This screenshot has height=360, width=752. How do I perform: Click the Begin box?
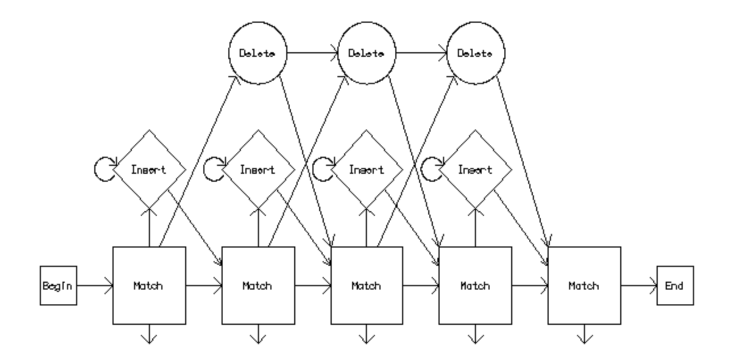tap(58, 286)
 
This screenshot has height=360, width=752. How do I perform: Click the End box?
tap(675, 286)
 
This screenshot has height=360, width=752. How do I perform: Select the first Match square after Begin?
tap(149, 286)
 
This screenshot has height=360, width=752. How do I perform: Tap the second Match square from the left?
tap(258, 286)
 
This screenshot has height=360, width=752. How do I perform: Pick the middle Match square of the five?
tap(366, 286)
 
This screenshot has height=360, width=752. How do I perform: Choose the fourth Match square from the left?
tap(475, 286)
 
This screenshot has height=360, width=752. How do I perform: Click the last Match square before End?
tap(584, 286)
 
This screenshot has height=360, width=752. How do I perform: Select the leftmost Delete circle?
tap(257, 53)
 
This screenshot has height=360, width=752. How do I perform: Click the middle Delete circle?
tap(366, 53)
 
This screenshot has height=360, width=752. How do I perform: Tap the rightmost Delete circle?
tap(475, 53)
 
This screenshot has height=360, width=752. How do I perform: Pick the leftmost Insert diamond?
tap(149, 169)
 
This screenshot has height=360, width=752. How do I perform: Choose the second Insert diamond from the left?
tap(258, 169)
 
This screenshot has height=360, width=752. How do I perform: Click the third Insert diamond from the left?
tap(366, 169)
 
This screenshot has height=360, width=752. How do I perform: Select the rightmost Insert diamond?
tap(475, 169)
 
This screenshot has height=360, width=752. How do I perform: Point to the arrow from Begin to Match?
tap(95, 286)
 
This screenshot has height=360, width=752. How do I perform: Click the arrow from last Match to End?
tap(639, 286)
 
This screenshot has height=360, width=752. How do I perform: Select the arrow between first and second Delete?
tap(312, 53)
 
